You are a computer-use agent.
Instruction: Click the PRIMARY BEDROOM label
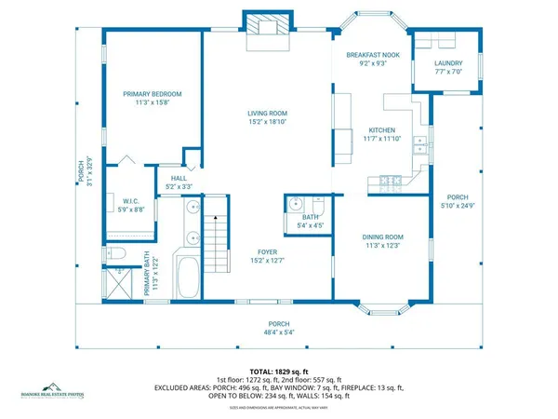tap(153, 94)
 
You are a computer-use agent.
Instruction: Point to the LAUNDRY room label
tap(447, 64)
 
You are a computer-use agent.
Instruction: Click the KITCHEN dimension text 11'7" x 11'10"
tap(382, 139)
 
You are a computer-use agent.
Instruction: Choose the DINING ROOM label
tap(382, 237)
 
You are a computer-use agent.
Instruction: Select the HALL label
tap(179, 178)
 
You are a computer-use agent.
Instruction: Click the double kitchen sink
tap(421, 144)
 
